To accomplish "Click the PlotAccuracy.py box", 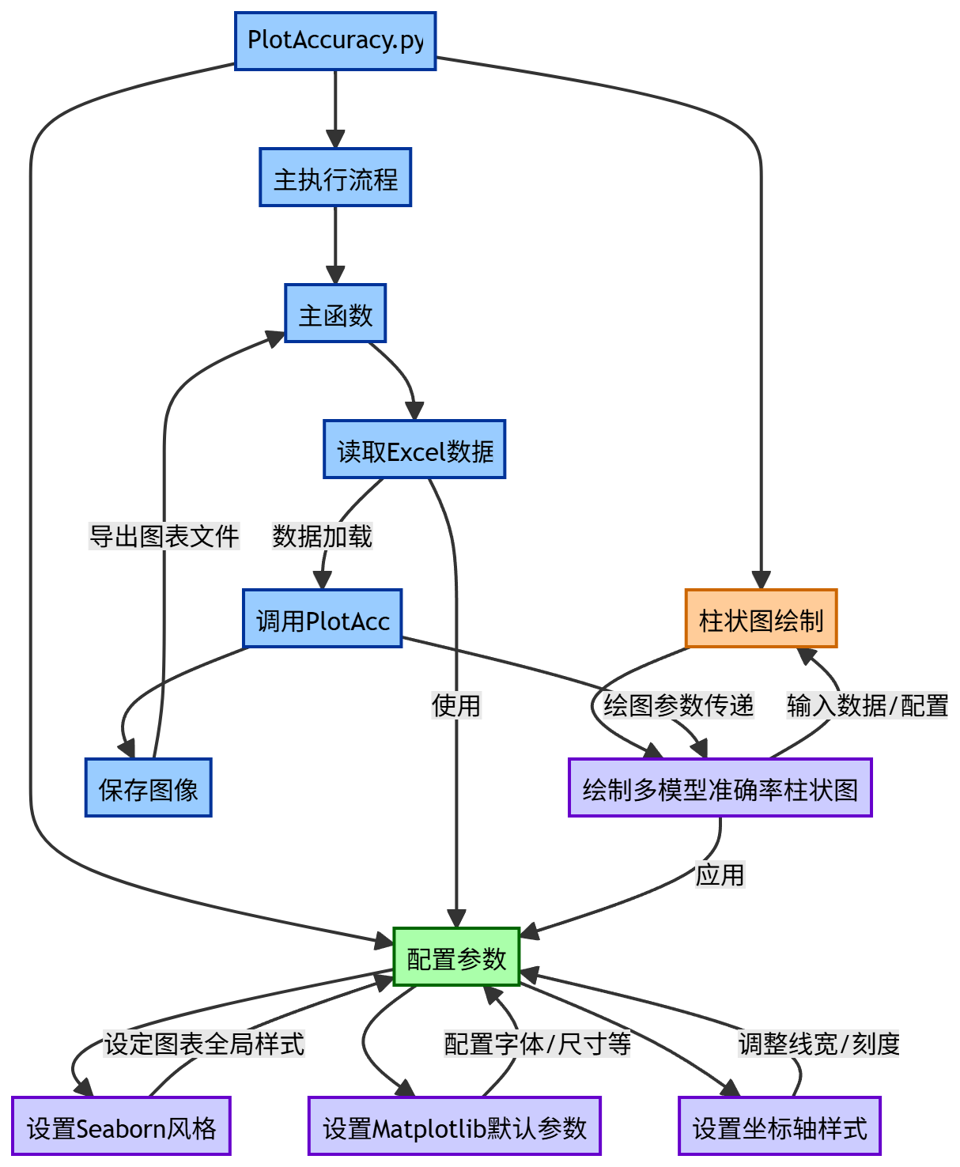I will pyautogui.click(x=335, y=41).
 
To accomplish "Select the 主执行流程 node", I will pyautogui.click(x=335, y=178).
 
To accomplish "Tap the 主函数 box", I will pyautogui.click(x=335, y=314).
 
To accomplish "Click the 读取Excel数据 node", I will pyautogui.click(x=414, y=450).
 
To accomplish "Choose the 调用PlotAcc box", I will pyautogui.click(x=323, y=619).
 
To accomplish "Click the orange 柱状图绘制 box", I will pyautogui.click(x=761, y=619).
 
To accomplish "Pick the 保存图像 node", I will pyautogui.click(x=149, y=788).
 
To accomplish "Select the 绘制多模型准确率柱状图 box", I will pyautogui.click(x=720, y=788).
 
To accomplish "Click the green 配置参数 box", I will pyautogui.click(x=456, y=957).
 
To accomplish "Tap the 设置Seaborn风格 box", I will pyautogui.click(x=121, y=1127).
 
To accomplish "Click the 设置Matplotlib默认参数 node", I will pyautogui.click(x=455, y=1127).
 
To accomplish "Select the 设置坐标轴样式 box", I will pyautogui.click(x=780, y=1127).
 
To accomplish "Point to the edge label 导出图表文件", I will pyautogui.click(x=164, y=536).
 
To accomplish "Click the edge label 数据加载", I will pyautogui.click(x=322, y=536).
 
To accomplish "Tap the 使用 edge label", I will pyautogui.click(x=456, y=704).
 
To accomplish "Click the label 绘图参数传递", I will pyautogui.click(x=678, y=704).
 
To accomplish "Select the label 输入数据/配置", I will pyautogui.click(x=867, y=704).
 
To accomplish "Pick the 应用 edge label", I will pyautogui.click(x=720, y=874).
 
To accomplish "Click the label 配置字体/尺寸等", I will pyautogui.click(x=538, y=1044).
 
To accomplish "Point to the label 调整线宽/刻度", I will pyautogui.click(x=819, y=1044).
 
